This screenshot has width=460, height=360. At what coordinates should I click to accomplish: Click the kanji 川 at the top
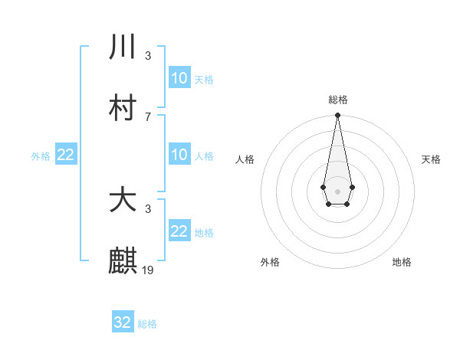click(123, 47)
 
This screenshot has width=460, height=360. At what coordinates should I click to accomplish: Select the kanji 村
click(123, 108)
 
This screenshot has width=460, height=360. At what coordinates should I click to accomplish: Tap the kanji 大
click(123, 200)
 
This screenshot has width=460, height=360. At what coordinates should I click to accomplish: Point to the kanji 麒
click(123, 261)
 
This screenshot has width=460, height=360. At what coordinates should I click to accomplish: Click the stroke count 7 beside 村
click(147, 116)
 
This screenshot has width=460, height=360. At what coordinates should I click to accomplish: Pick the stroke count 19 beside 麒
click(149, 270)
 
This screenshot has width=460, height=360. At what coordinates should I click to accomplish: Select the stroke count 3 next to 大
click(147, 208)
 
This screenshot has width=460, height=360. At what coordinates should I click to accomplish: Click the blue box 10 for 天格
click(179, 78)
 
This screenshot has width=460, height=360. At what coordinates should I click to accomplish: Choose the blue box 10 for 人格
click(179, 155)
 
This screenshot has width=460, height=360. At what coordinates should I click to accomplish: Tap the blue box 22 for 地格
click(179, 231)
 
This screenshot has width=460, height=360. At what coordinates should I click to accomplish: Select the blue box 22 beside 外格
click(66, 155)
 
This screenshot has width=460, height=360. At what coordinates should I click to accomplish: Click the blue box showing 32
click(123, 322)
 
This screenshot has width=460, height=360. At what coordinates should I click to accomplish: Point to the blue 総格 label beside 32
click(147, 324)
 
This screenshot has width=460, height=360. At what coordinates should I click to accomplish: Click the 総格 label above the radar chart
click(337, 100)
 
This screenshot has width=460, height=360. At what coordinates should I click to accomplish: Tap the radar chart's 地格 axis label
click(402, 262)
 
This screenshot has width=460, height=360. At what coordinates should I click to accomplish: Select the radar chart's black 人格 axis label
click(245, 159)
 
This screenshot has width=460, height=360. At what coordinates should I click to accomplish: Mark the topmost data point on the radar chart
click(337, 116)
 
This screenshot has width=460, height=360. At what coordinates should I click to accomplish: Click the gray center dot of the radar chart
click(337, 190)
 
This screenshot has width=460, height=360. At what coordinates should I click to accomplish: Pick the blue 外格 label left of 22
click(41, 156)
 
